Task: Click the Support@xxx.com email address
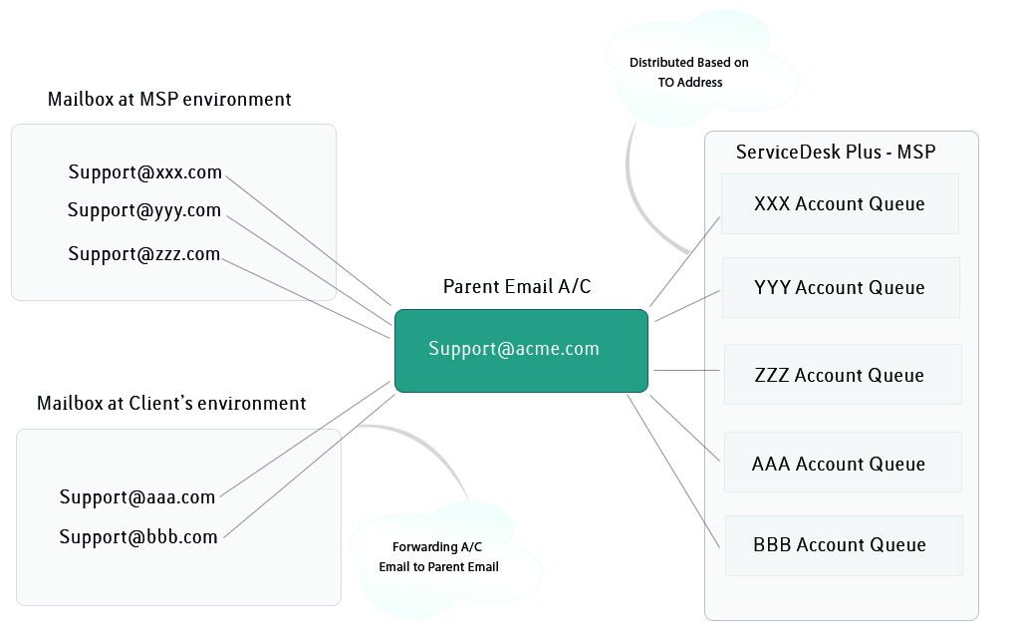(x=145, y=171)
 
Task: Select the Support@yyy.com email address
(x=144, y=210)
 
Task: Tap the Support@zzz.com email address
(x=143, y=254)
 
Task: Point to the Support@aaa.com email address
(x=137, y=497)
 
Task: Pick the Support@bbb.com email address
(x=137, y=537)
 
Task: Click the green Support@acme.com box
(x=521, y=351)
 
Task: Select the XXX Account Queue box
(x=840, y=203)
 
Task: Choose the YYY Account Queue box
(x=841, y=288)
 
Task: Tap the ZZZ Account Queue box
(x=843, y=374)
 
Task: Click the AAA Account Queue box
(x=843, y=463)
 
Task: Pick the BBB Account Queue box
(x=844, y=545)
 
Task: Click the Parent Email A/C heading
(x=517, y=286)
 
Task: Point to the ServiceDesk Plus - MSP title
(x=836, y=152)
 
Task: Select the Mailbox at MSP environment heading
(x=169, y=99)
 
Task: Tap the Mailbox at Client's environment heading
(x=171, y=403)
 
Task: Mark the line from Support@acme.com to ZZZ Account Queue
(x=686, y=371)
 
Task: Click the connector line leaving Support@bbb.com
(x=309, y=467)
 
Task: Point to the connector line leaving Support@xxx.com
(x=309, y=240)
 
